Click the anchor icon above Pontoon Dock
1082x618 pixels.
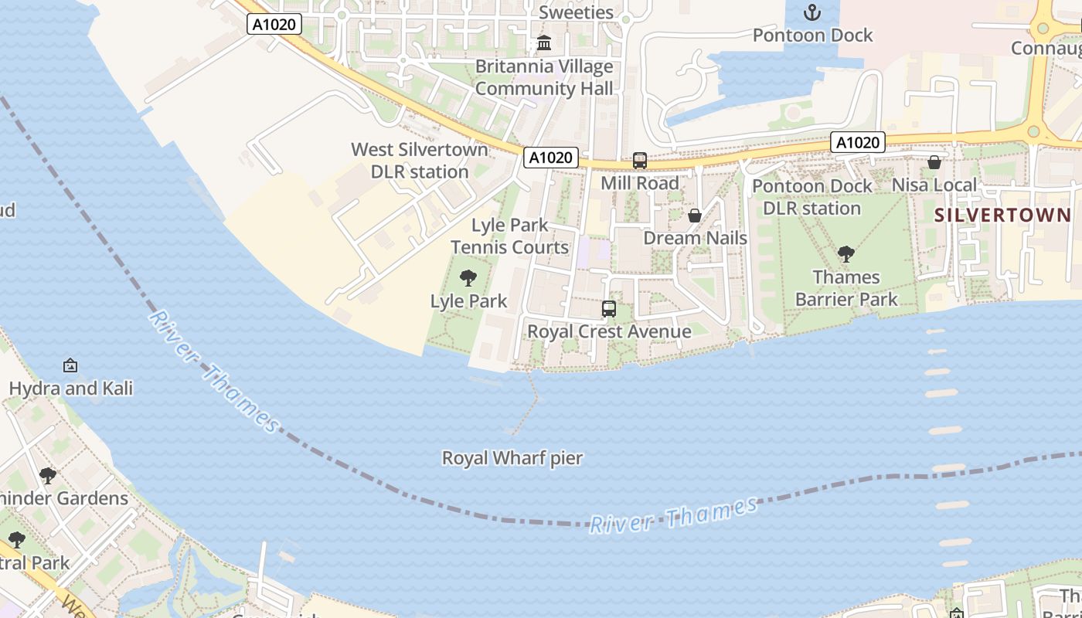tap(812, 12)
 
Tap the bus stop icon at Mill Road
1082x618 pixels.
tap(640, 161)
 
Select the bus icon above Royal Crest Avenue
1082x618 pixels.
tap(609, 309)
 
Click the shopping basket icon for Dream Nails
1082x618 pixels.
tap(695, 216)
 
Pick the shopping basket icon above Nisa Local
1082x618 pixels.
tap(934, 162)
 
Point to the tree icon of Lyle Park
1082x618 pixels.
tap(468, 278)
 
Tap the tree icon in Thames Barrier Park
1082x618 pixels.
tap(846, 254)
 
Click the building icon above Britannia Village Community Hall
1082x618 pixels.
tap(544, 42)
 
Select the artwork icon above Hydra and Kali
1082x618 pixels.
tap(70, 365)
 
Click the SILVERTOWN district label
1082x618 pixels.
tap(1002, 216)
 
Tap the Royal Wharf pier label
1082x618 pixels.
tap(512, 458)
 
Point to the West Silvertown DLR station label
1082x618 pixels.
tap(420, 161)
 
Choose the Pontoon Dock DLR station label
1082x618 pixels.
tap(812, 197)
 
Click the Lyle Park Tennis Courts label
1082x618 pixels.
tap(510, 236)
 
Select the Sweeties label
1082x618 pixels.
tap(576, 12)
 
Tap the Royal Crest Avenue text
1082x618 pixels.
tap(609, 332)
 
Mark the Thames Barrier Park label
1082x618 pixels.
tap(847, 288)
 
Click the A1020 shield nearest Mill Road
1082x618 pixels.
tap(551, 158)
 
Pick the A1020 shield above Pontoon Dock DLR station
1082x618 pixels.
tap(858, 142)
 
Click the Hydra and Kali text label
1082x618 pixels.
tap(71, 389)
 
